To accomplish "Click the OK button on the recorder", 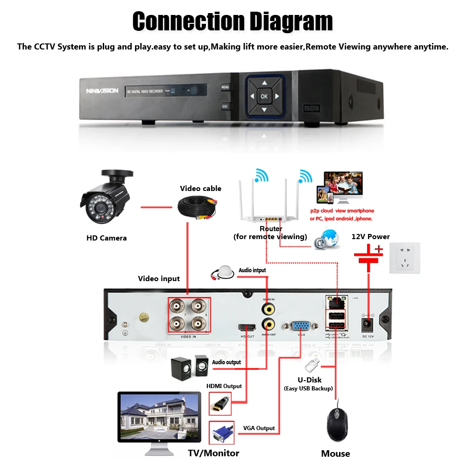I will point(264,97).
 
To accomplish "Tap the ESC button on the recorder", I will point(225,107).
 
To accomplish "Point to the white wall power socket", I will point(405,258).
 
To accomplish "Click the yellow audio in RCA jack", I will point(268,308).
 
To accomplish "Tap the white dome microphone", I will point(223,272).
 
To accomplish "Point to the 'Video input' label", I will point(159,279).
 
